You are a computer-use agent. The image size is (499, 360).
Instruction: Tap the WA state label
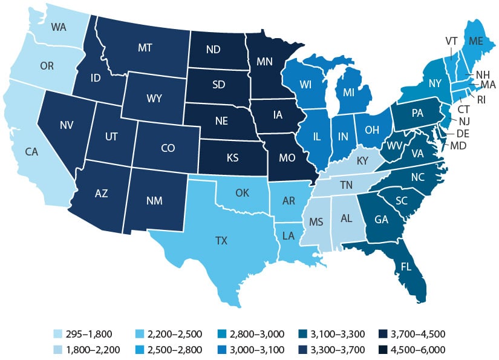59,27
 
